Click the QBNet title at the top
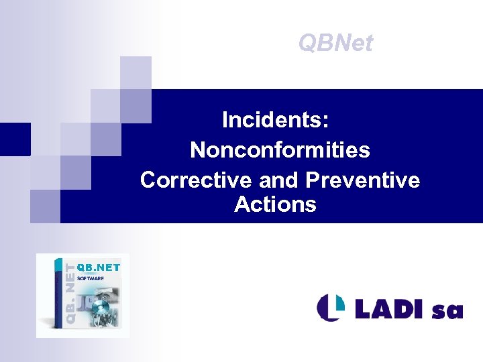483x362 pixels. point(335,43)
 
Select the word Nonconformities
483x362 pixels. point(280,149)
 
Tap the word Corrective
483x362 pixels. point(187,180)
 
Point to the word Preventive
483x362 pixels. point(362,180)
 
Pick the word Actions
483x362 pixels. point(275,204)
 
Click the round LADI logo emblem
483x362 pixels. point(331,307)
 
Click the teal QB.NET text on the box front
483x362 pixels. point(99,267)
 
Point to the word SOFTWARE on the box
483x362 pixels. point(90,277)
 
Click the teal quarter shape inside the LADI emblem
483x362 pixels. point(336,302)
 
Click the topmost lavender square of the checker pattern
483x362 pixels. point(136,72)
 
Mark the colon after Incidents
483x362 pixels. point(325,122)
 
